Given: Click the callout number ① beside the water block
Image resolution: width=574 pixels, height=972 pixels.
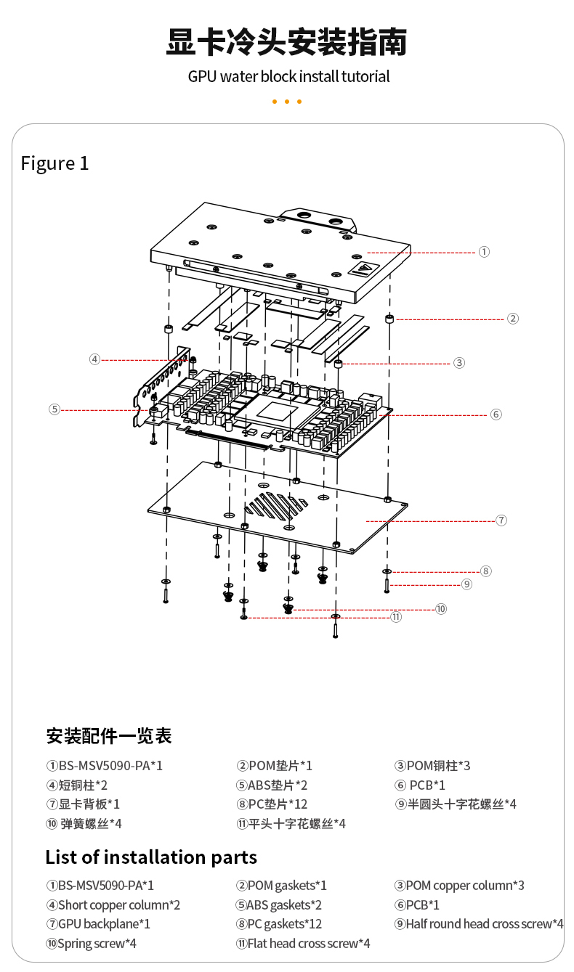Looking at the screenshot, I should (484, 252).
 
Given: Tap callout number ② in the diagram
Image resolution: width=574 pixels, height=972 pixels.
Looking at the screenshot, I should (513, 318).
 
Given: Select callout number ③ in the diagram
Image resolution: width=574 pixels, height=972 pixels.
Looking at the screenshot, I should (458, 363).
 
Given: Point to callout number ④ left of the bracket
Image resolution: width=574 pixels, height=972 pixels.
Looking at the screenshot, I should (94, 359).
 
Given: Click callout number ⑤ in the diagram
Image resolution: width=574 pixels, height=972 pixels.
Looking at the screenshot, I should (54, 409).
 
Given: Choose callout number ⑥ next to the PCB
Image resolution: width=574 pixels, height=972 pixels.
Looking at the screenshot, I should (496, 414).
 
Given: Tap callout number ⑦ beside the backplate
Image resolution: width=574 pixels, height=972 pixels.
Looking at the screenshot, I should (501, 520).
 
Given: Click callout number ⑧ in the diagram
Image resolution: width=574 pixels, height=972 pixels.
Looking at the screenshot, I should (485, 571).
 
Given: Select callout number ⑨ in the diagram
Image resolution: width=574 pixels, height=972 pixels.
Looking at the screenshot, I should (466, 584).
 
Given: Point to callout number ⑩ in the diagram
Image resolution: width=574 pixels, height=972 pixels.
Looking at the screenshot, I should (441, 609).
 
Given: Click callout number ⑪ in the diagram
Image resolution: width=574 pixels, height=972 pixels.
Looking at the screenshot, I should (396, 618).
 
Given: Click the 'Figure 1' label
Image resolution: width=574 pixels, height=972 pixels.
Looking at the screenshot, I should (54, 163).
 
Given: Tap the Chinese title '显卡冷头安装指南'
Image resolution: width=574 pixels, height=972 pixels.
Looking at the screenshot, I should (286, 43).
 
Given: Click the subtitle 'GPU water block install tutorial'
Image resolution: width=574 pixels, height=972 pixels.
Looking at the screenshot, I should (288, 77).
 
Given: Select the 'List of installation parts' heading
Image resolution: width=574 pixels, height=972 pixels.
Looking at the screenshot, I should (151, 857).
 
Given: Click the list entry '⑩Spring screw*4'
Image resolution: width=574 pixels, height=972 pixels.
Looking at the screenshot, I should (91, 944).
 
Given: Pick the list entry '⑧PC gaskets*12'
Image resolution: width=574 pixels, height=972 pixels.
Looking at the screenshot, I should (279, 924).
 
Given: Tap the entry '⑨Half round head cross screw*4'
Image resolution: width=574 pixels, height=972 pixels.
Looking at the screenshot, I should (479, 924).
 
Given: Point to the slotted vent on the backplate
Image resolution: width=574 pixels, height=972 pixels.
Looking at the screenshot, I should (276, 505).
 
